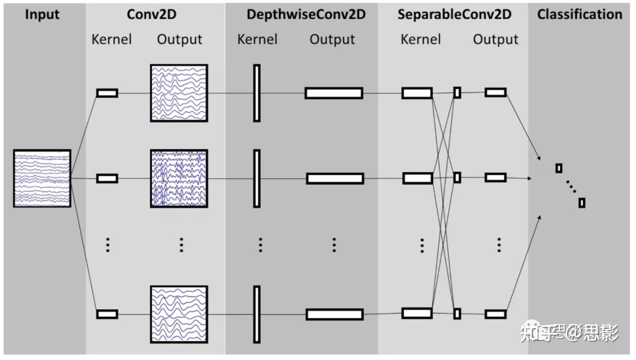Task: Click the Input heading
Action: tap(42, 14)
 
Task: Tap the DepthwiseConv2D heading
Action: tap(306, 14)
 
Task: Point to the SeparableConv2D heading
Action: tap(455, 14)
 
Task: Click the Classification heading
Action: tap(579, 14)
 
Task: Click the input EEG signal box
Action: tap(42, 178)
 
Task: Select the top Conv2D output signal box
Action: tap(179, 93)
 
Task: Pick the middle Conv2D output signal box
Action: tap(179, 178)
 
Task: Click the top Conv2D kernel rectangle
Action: tap(107, 93)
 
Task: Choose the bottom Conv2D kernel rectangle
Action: tap(107, 314)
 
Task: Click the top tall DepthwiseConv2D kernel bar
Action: tap(257, 93)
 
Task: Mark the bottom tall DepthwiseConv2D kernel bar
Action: tap(257, 314)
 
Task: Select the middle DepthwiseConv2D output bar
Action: tap(335, 178)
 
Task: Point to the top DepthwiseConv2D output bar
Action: tap(334, 93)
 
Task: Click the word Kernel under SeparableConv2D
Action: tap(420, 39)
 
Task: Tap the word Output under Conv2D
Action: tap(180, 39)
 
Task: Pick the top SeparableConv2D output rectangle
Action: tap(496, 92)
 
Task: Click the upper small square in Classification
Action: tap(559, 169)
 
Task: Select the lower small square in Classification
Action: tap(582, 203)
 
